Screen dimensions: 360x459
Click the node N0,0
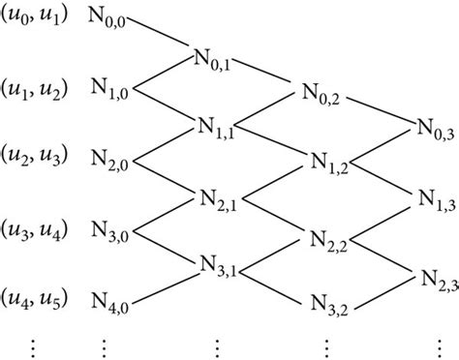120,19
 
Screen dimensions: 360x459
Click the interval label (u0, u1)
35,17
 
